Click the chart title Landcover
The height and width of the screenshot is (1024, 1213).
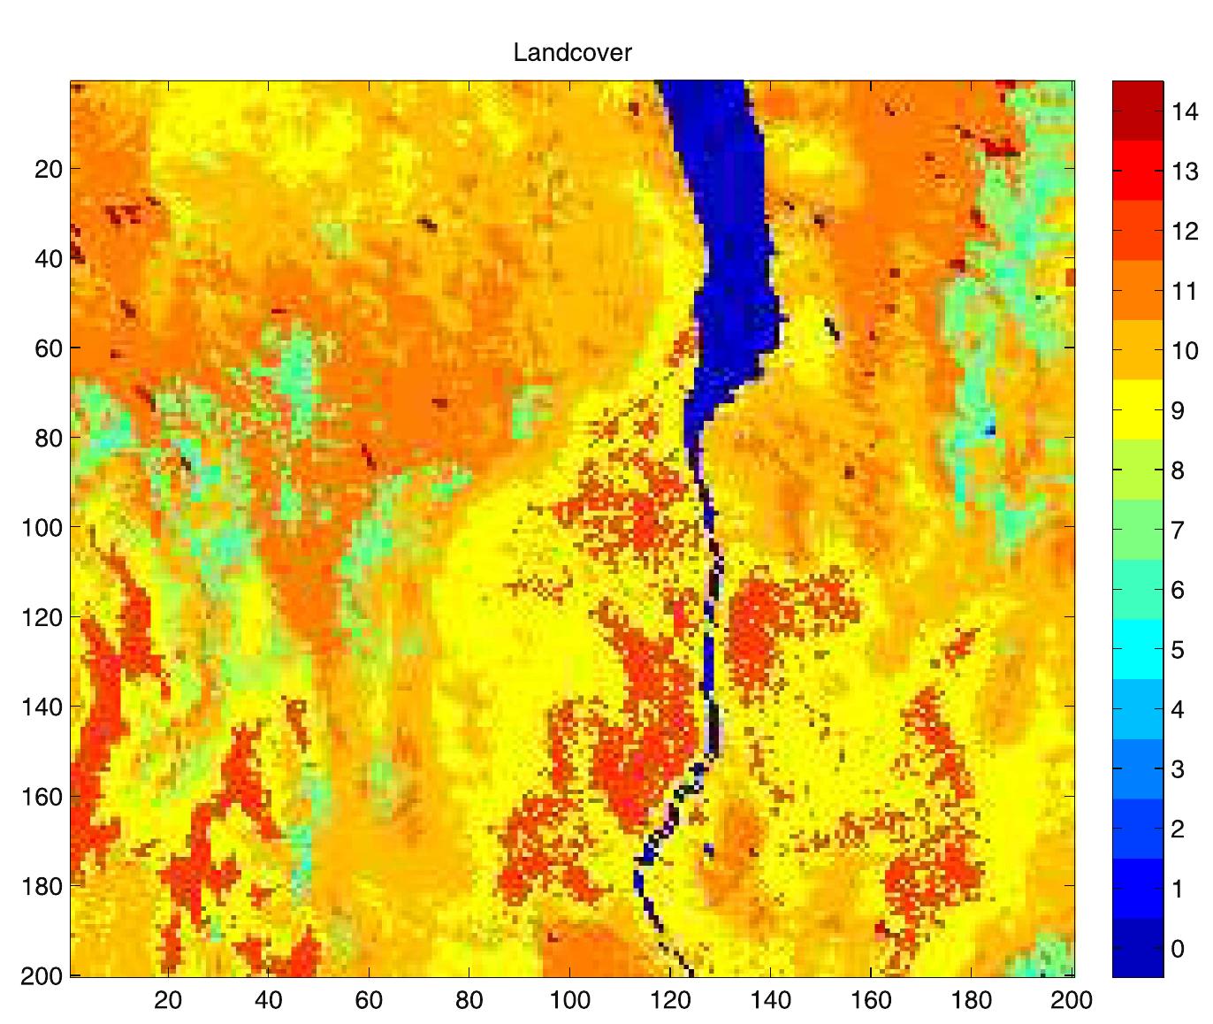coord(572,53)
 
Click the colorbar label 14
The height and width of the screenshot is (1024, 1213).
coord(1185,111)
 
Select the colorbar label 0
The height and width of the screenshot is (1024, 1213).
coord(1177,949)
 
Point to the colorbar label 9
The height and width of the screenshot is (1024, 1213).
coord(1177,410)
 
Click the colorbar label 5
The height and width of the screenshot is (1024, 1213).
coord(1177,650)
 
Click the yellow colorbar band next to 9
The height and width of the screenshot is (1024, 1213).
coord(1138,409)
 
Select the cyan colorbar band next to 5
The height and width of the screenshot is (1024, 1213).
coord(1138,649)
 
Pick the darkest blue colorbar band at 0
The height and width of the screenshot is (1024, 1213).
coord(1138,948)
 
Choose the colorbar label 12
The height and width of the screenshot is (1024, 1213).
coord(1185,231)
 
